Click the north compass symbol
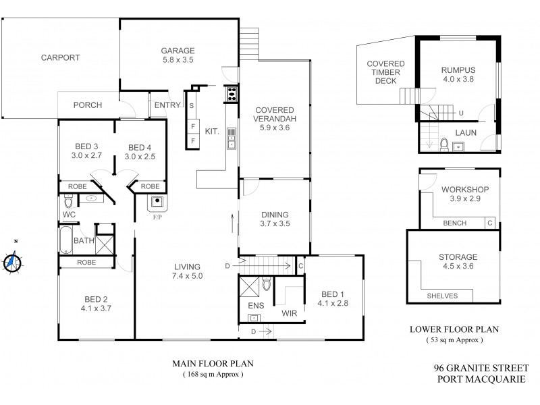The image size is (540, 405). (11, 260)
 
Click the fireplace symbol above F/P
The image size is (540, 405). (157, 200)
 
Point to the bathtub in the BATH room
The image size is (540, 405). (65, 240)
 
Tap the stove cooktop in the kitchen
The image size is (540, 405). (232, 94)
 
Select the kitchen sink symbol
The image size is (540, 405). (232, 137)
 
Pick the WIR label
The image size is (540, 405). (290, 313)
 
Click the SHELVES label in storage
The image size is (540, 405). (442, 296)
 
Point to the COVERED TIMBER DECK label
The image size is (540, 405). (381, 72)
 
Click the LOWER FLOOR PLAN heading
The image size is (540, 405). (454, 330)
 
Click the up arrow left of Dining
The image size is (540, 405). (232, 221)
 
